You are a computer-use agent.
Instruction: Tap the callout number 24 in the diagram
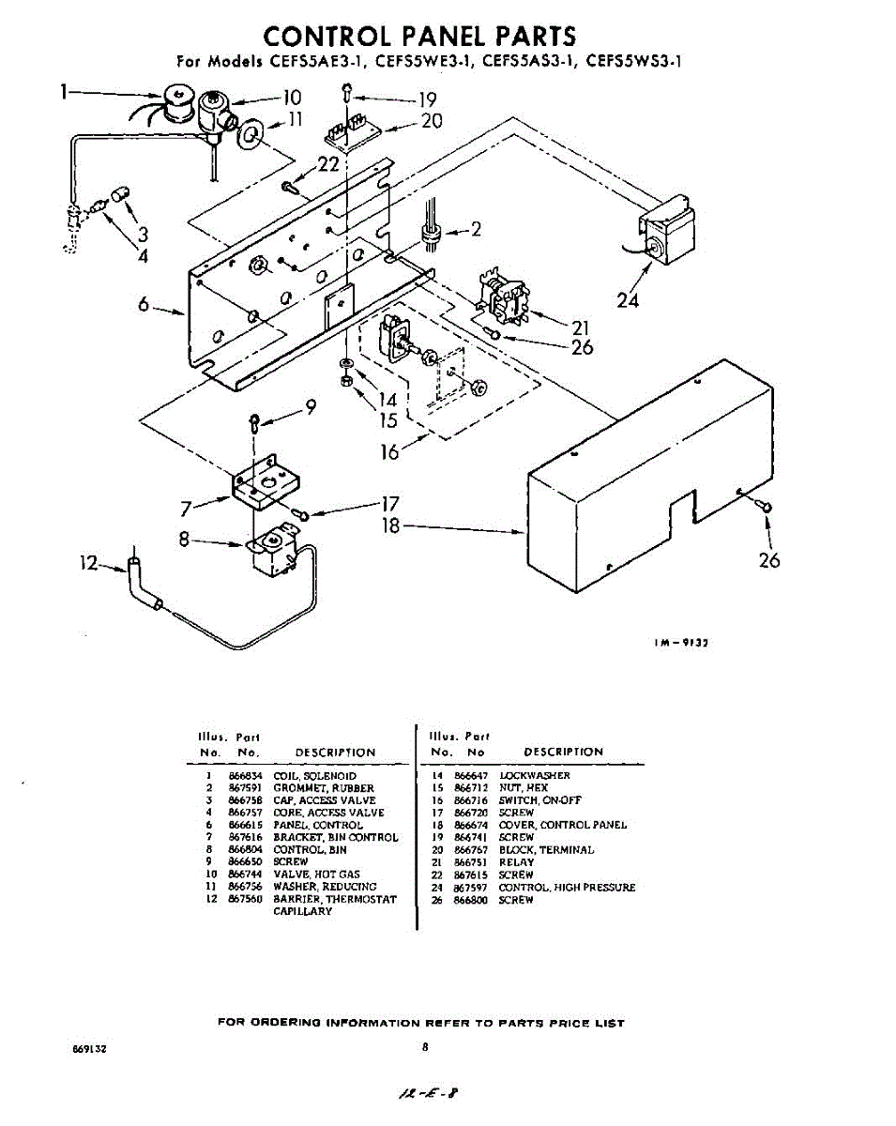click(x=628, y=300)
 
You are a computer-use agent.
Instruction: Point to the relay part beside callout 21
click(x=502, y=292)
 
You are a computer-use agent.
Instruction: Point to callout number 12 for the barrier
click(x=89, y=563)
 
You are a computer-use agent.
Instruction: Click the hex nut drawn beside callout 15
click(x=345, y=383)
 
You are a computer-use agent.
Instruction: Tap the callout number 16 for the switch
click(x=389, y=451)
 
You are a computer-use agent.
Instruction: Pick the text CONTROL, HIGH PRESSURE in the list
click(x=567, y=887)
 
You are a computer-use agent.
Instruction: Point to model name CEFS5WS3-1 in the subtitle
click(x=633, y=63)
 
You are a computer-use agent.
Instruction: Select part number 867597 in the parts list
click(x=471, y=887)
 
